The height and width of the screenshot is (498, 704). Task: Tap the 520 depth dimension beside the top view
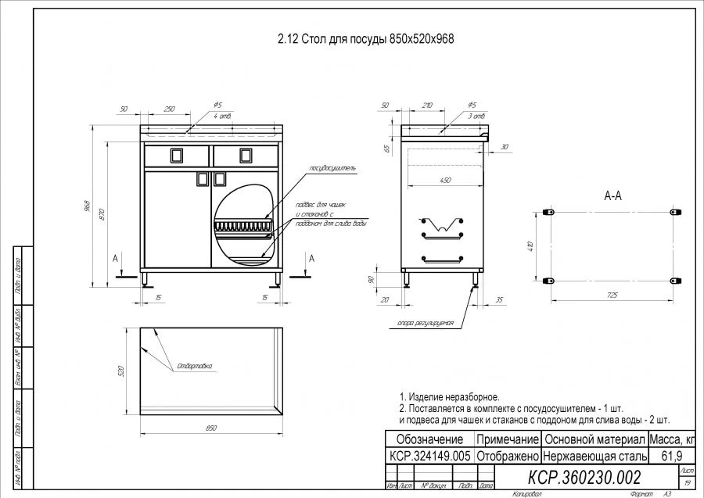click(122, 370)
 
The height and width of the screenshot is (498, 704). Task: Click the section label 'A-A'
click(612, 196)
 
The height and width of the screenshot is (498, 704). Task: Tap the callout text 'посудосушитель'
click(332, 167)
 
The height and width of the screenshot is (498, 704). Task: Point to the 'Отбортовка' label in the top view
click(195, 365)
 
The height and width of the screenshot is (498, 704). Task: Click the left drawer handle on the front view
click(176, 155)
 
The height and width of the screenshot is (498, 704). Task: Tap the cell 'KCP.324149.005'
click(429, 455)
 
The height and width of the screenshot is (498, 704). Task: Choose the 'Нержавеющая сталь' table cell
click(594, 455)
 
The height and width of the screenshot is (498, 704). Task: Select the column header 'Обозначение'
click(429, 439)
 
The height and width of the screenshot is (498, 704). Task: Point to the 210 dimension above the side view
click(426, 105)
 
